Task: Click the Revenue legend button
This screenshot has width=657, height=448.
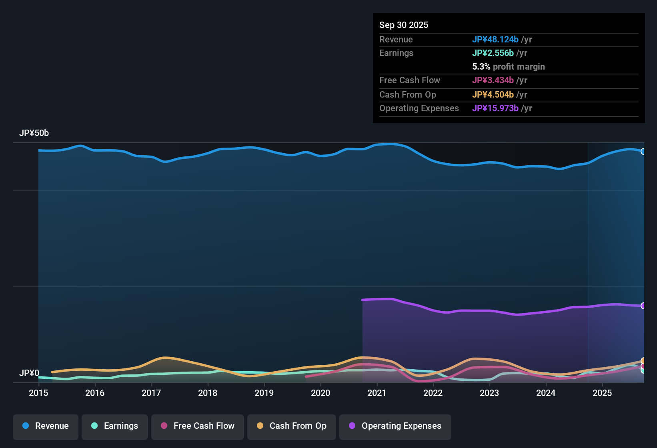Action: tap(46, 426)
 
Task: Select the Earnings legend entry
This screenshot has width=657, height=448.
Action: tap(115, 426)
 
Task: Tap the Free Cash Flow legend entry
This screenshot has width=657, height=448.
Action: tap(198, 426)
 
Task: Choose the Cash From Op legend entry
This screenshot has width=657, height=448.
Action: tap(292, 426)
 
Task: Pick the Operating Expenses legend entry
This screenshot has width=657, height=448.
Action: tap(395, 426)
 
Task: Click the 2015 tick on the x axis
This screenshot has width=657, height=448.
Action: tap(38, 393)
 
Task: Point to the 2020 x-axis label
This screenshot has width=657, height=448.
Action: tap(320, 393)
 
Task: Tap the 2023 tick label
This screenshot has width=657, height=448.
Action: tap(489, 393)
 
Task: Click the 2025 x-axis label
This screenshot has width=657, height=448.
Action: tap(602, 393)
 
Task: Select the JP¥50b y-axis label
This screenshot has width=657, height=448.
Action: tap(34, 133)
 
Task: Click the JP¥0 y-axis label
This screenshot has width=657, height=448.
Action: tap(29, 373)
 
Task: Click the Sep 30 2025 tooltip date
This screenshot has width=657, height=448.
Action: tap(404, 25)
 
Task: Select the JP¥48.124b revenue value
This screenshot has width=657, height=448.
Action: tap(495, 39)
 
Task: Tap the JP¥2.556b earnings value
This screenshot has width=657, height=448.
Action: tap(493, 53)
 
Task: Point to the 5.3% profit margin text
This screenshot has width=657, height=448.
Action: tap(509, 66)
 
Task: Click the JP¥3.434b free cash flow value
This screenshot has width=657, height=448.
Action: tap(493, 80)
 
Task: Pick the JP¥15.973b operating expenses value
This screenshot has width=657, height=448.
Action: tap(495, 108)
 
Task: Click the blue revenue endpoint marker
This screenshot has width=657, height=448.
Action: tap(643, 152)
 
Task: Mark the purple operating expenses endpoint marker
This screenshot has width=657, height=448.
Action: tap(643, 306)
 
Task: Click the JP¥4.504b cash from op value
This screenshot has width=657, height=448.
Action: tap(493, 94)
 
